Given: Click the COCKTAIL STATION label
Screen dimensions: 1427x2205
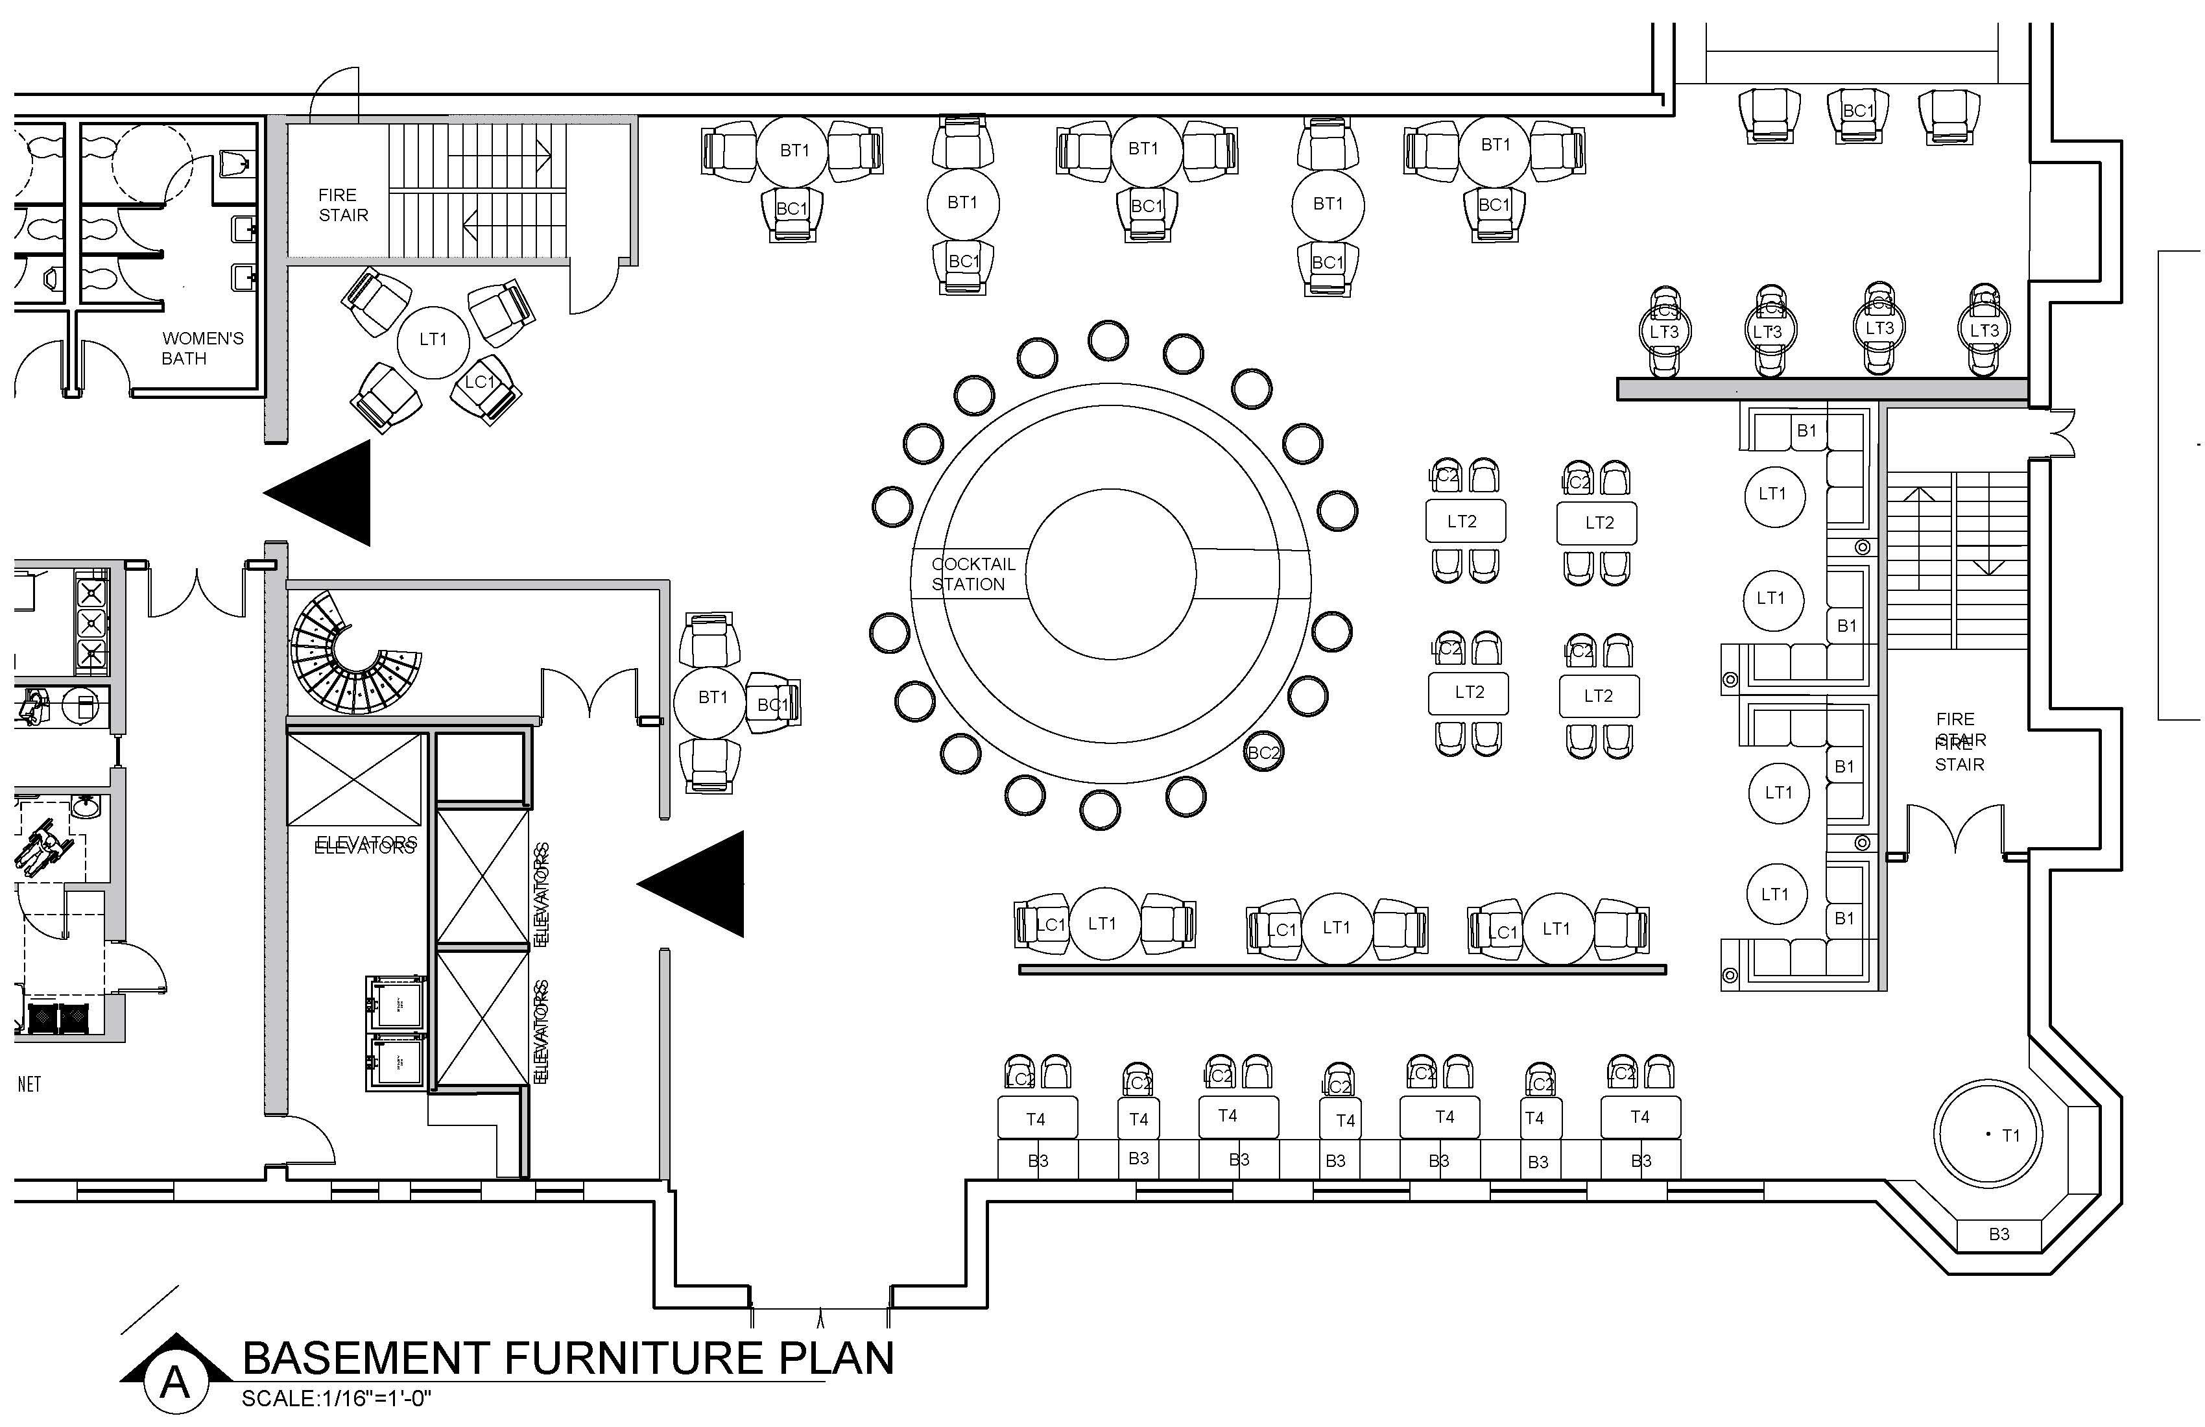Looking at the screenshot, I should [x=973, y=573].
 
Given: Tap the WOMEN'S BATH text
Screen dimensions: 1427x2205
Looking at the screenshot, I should [x=202, y=348].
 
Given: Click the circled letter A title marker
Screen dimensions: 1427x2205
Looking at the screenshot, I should [x=174, y=1382].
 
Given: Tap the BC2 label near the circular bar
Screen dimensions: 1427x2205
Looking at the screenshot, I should [x=1264, y=752].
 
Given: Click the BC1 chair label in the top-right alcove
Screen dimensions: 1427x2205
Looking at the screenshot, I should [x=1857, y=111].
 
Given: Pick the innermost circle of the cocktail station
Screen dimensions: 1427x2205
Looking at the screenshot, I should [x=1111, y=573].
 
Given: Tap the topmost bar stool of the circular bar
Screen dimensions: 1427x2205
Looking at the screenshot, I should [x=1108, y=340].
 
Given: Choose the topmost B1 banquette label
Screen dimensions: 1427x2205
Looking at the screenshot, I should [x=1807, y=430].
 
